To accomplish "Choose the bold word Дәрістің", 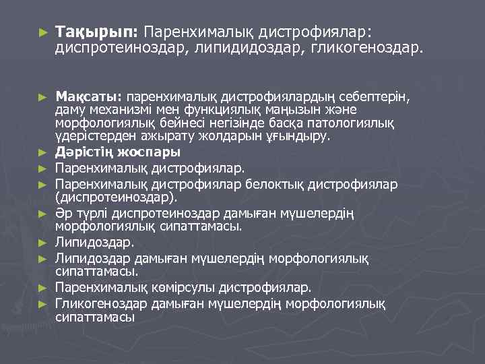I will point(81,151).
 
